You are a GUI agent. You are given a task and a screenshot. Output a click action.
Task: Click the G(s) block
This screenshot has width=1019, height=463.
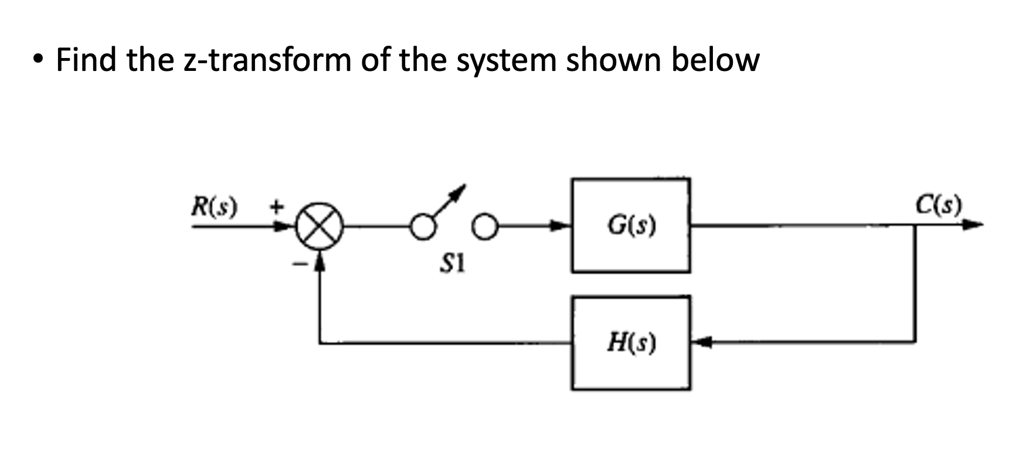[630, 226]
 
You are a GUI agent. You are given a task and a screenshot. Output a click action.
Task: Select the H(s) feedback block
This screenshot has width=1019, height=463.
[631, 343]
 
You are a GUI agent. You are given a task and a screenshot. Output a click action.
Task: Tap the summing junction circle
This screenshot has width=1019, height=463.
[318, 229]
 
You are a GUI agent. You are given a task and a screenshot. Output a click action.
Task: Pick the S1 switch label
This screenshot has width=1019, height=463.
[452, 265]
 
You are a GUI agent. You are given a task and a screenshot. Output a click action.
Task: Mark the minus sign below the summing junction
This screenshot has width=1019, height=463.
[300, 265]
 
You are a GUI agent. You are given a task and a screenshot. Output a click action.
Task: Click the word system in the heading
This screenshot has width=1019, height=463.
[505, 60]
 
